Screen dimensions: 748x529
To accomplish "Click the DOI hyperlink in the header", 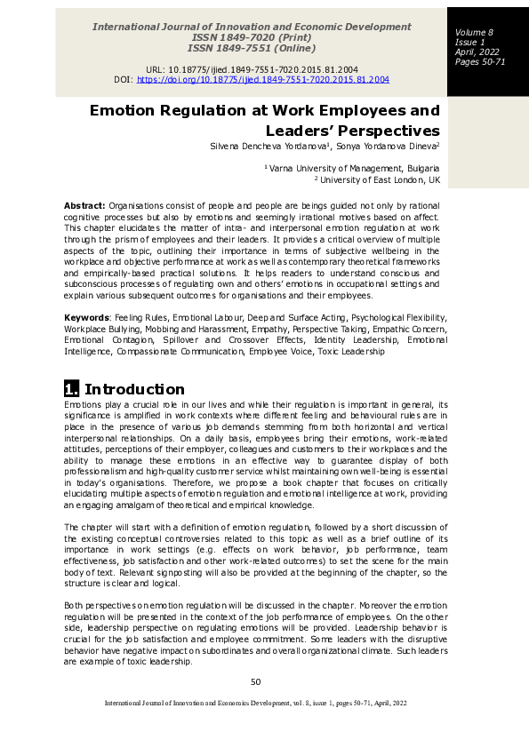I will (x=263, y=79).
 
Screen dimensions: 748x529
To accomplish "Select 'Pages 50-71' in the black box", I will (x=480, y=62).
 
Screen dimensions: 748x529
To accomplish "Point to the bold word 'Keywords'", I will (x=85, y=316).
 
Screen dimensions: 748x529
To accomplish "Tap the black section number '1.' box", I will (x=72, y=389).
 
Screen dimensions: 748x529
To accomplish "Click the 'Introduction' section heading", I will (x=134, y=389).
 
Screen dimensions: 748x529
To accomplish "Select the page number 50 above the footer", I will (x=256, y=681).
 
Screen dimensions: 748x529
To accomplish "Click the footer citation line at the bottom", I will (x=256, y=703).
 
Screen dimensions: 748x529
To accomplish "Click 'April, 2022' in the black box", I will (x=477, y=52).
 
